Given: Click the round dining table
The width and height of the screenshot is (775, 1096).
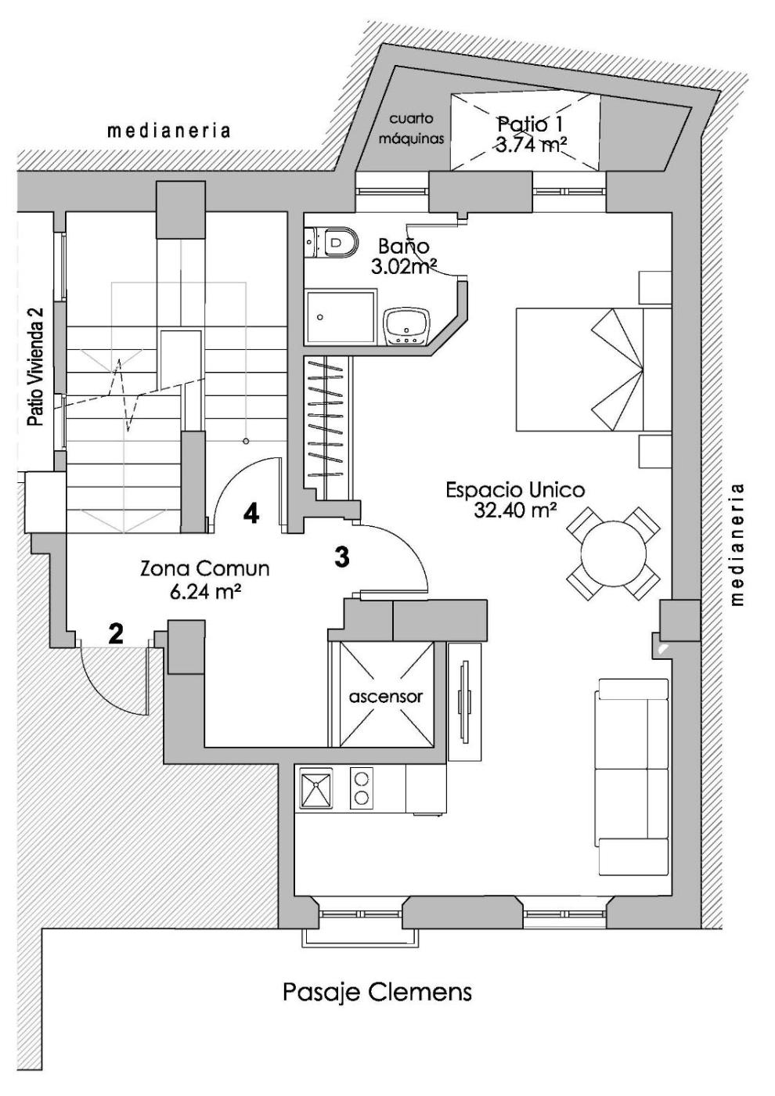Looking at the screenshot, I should pos(614,553).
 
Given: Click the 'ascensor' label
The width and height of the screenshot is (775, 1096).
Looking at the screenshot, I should pos(386,696).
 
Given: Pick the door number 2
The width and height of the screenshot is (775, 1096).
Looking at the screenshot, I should pos(116,633).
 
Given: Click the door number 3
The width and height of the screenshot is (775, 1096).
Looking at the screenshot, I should pos(341,557).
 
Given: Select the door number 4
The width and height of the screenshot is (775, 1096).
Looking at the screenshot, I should pos(251,514).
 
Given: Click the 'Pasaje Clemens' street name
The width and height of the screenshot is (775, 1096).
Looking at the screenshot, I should pos(377,993).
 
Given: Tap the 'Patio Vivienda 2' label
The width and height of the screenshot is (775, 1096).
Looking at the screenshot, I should pos(35,366).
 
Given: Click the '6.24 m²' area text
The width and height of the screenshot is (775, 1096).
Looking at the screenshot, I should pos(204,591).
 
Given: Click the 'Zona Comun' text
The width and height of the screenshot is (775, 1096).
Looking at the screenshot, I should pos(204,568).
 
